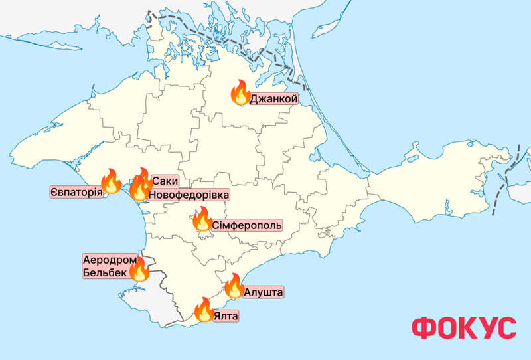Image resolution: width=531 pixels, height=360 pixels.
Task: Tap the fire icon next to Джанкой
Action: (x=239, y=94)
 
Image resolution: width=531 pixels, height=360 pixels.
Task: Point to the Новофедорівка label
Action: (x=189, y=195)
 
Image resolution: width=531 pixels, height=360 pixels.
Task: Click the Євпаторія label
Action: (x=76, y=193)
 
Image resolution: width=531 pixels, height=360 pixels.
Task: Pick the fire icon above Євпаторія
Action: (x=110, y=181)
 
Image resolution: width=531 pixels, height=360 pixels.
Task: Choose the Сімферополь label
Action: (x=247, y=225)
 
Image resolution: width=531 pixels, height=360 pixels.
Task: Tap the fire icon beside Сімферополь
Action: (x=202, y=219)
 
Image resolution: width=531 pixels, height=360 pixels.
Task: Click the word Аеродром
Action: (x=106, y=259)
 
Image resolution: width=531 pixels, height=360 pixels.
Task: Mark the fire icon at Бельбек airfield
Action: (x=139, y=269)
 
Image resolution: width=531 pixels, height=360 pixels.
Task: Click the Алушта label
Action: (x=264, y=292)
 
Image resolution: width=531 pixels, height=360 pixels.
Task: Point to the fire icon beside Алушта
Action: (x=234, y=286)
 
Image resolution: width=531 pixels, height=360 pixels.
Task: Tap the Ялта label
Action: (x=226, y=316)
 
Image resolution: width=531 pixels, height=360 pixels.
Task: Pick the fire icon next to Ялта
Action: (x=204, y=310)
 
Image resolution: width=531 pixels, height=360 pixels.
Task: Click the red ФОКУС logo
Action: (x=463, y=327)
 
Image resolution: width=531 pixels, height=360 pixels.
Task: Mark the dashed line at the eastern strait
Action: (x=504, y=179)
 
